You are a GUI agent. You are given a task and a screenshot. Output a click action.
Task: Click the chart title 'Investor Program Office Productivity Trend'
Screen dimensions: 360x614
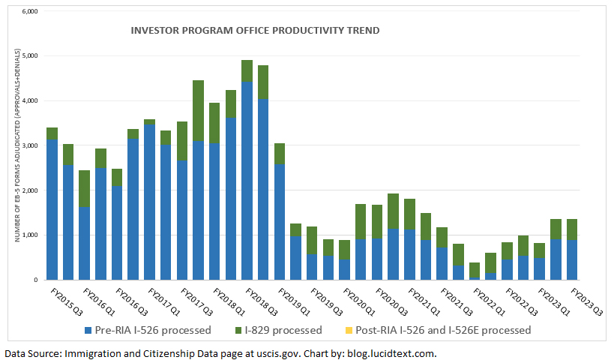(255, 31)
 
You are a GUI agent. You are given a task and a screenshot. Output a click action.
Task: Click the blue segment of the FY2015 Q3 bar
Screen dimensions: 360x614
(52, 210)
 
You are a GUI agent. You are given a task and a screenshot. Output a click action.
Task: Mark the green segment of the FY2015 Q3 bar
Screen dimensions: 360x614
(52, 133)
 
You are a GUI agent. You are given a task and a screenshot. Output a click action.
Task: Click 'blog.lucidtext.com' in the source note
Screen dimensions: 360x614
(390, 352)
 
